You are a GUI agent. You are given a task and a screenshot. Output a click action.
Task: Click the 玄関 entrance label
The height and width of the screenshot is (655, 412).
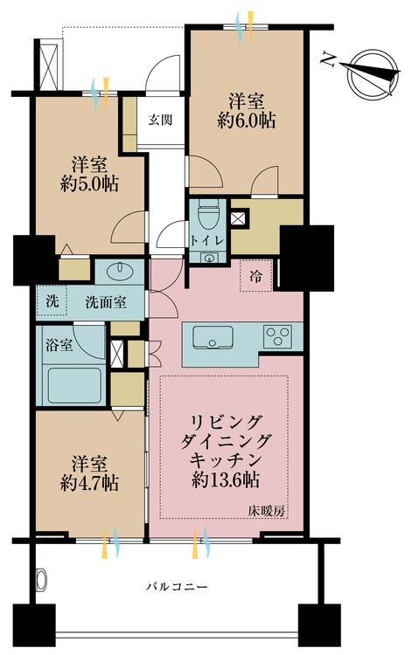161,121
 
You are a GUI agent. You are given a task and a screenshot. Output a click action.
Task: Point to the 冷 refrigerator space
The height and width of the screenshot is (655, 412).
256,276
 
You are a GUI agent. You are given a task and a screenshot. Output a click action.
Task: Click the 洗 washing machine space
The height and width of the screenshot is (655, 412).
52,301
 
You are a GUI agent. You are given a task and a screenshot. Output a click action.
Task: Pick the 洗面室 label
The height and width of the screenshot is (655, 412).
105,302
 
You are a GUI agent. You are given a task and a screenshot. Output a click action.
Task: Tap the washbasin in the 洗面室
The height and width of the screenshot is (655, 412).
120,272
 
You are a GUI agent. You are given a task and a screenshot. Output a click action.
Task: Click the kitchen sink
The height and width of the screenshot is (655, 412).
213,337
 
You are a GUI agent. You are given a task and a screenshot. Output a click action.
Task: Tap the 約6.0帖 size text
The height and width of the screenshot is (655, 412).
246,121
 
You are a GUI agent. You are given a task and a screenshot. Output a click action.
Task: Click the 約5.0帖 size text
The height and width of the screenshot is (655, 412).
89,183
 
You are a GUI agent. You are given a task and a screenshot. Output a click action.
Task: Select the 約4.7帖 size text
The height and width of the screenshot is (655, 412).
89,483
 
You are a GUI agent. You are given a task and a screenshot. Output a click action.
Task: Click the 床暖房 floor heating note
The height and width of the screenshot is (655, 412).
267,510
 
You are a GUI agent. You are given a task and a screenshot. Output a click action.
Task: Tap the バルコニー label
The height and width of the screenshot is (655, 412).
176,587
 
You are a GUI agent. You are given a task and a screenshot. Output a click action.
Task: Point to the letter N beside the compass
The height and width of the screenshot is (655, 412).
328,59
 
